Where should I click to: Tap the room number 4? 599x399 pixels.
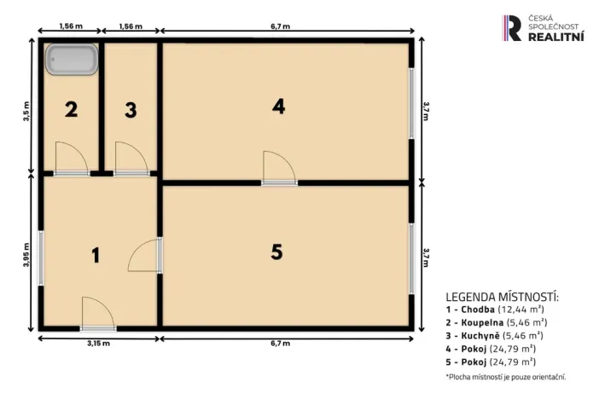click(x=278, y=107)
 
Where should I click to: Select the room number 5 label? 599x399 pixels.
click(x=276, y=252)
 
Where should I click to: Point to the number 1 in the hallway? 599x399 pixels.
click(x=96, y=254)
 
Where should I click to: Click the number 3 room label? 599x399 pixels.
click(x=130, y=110)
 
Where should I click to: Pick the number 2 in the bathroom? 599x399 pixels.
click(x=71, y=110)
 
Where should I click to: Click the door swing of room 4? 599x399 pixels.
click(x=278, y=166)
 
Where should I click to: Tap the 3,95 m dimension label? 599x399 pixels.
click(x=27, y=254)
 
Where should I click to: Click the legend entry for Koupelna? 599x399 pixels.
click(x=496, y=323)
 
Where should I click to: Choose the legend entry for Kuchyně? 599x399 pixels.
click(x=494, y=336)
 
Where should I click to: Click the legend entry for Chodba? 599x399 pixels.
click(x=496, y=309)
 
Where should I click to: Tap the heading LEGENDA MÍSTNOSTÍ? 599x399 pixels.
click(x=502, y=296)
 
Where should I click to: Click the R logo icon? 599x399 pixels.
click(x=512, y=28)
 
